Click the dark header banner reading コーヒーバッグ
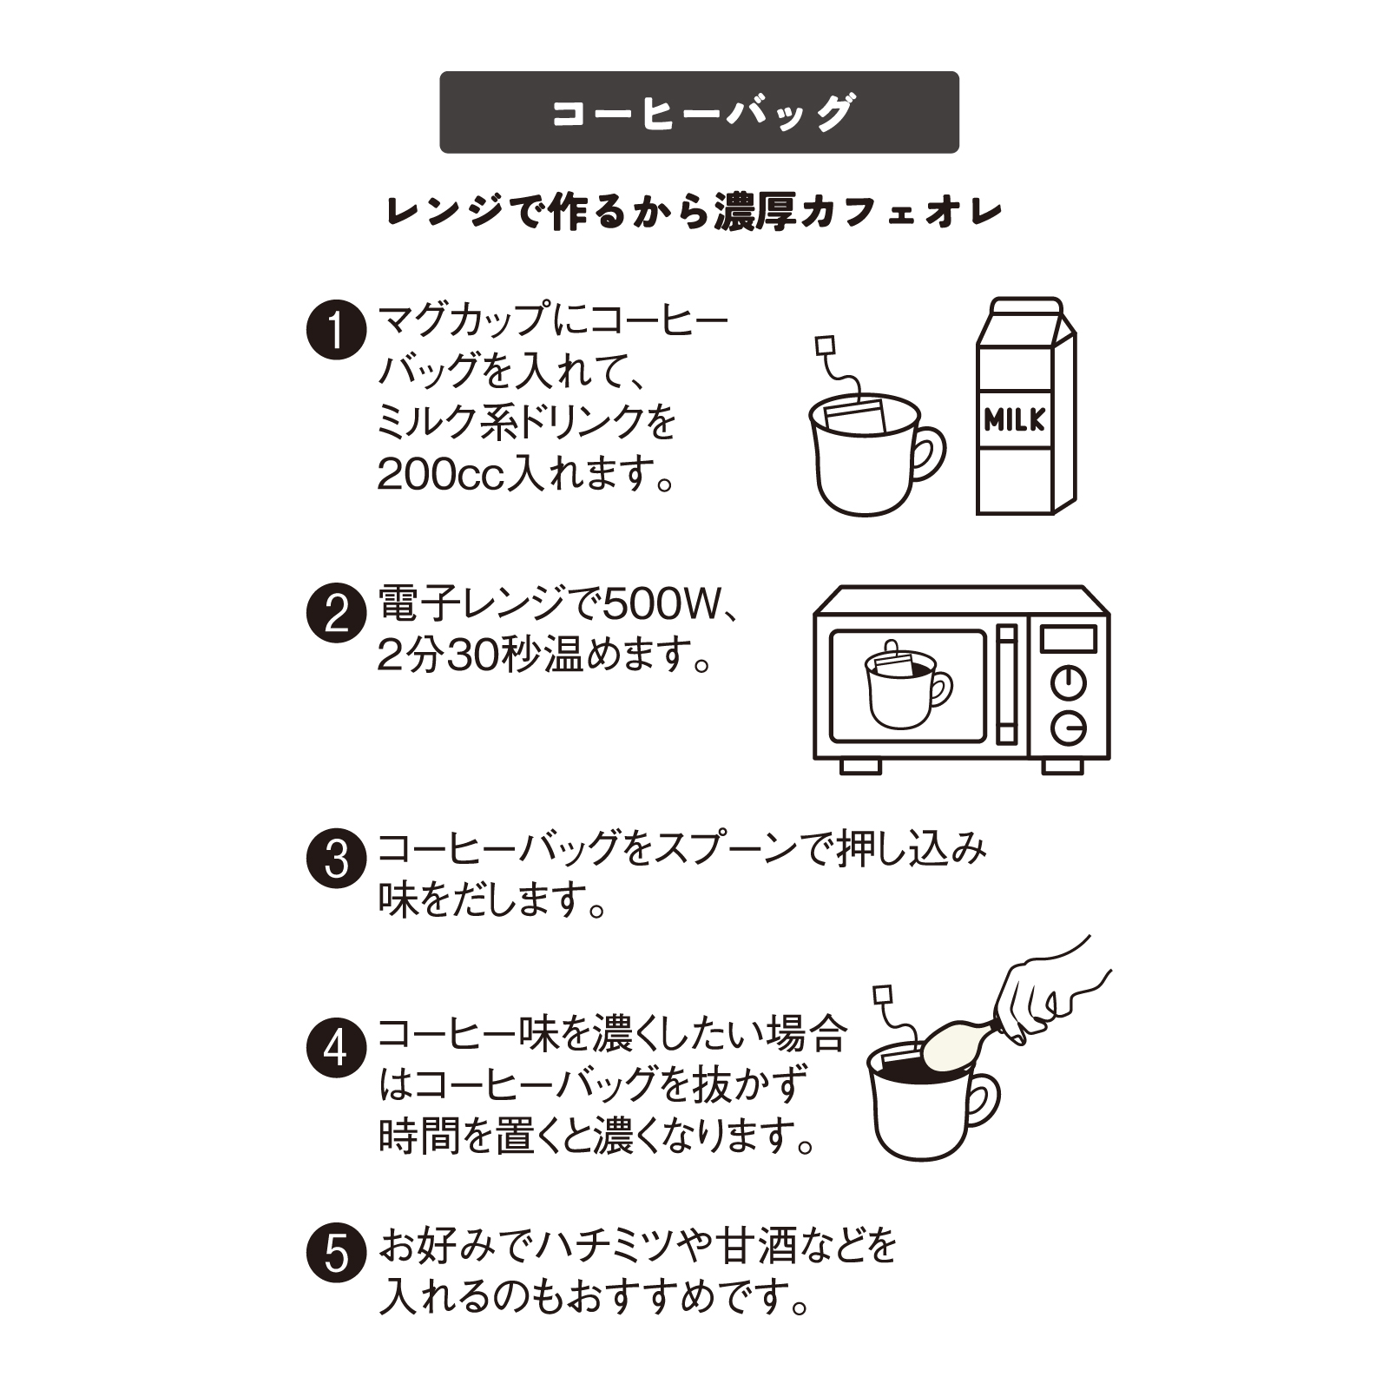699,113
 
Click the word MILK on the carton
1014,421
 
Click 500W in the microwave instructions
661,604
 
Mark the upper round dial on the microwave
1068,682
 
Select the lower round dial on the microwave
1068,728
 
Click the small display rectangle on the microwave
1068,639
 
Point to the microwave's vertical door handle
1006,684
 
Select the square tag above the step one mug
825,346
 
